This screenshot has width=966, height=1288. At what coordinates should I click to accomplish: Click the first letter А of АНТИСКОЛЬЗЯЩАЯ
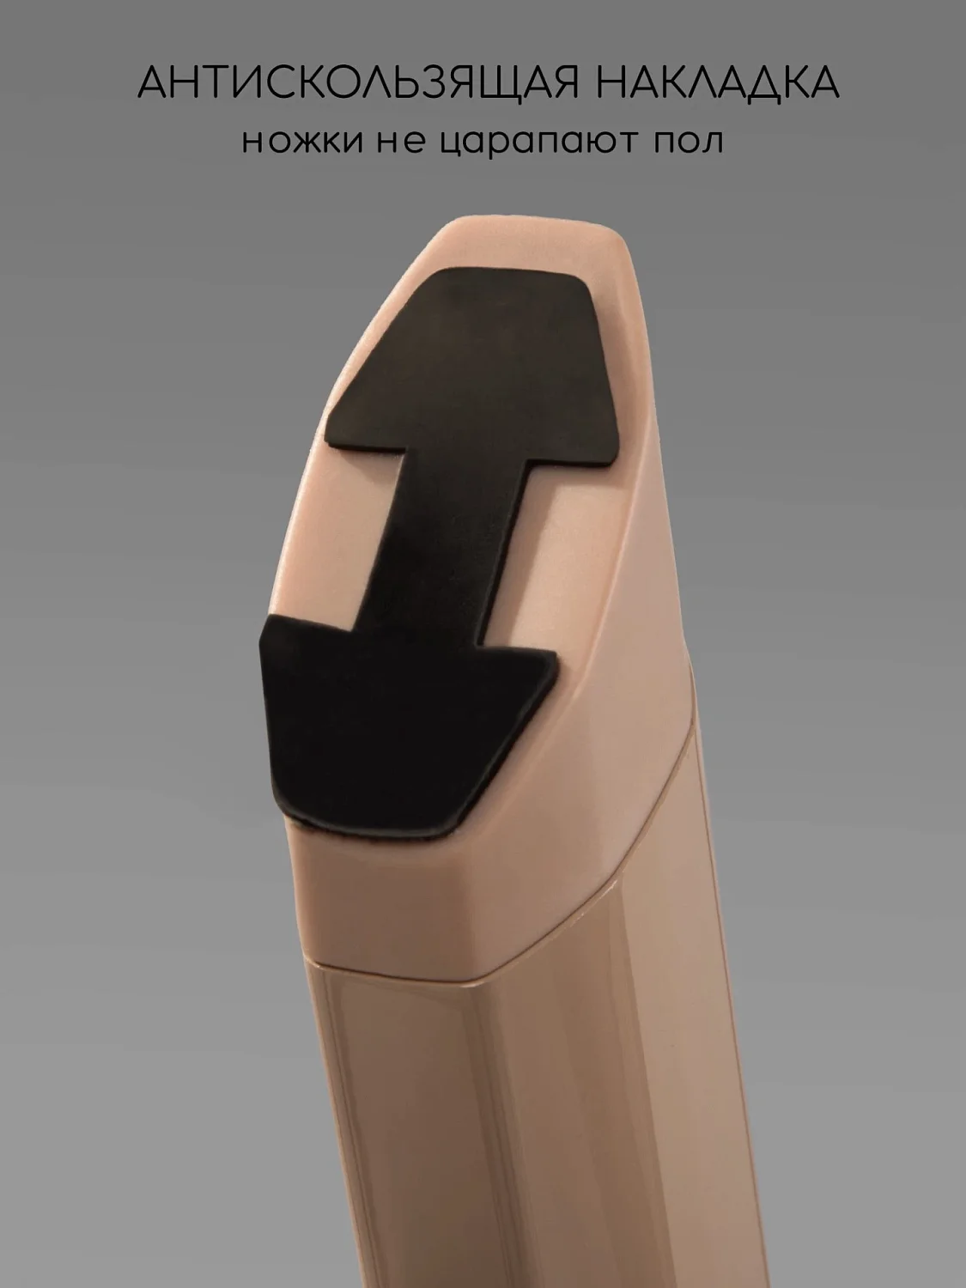click(154, 82)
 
